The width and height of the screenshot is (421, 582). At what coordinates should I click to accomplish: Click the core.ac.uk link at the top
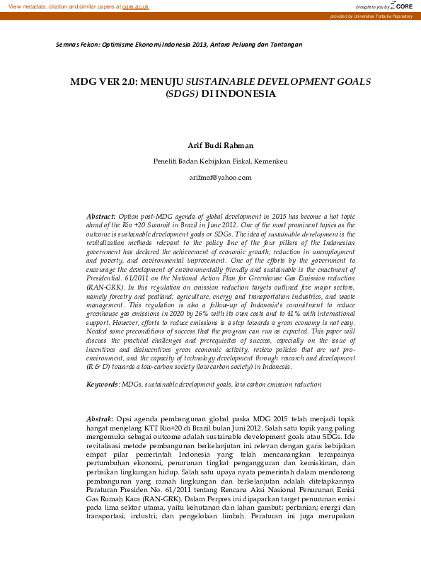point(135,6)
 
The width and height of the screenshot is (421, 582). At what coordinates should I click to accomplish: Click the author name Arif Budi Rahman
point(220,145)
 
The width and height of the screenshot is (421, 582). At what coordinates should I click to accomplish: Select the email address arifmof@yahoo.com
point(220,177)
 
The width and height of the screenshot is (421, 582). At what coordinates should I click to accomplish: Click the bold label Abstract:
point(100,215)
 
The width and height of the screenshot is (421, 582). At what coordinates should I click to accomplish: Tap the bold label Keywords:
point(103,384)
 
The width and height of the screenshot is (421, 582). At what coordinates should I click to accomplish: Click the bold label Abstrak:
point(100,419)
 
